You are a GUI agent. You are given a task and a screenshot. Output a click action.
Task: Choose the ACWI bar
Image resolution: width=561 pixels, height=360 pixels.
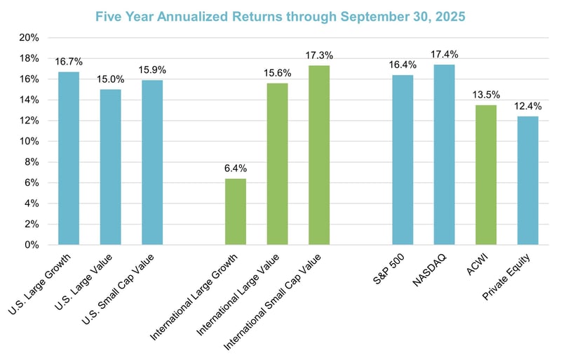(x=486, y=175)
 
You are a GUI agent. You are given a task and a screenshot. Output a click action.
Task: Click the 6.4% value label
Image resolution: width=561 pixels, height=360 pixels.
(x=236, y=168)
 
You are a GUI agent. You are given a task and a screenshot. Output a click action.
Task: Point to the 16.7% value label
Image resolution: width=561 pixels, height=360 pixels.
(x=68, y=62)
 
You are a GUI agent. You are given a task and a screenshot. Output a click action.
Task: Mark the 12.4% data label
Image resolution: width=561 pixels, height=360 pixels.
(x=528, y=106)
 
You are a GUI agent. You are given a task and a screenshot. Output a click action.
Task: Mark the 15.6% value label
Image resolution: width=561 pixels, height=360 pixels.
(x=277, y=73)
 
